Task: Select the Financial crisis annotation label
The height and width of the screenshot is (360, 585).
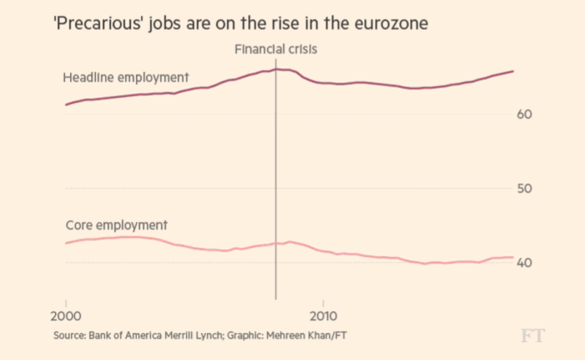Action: tap(275, 49)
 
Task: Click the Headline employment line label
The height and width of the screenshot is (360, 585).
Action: tap(126, 77)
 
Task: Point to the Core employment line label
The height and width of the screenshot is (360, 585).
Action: tap(116, 225)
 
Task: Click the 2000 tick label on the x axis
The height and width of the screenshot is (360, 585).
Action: tap(66, 315)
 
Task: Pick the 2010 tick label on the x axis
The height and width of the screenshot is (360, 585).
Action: tap(323, 315)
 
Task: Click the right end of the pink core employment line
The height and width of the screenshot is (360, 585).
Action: tap(513, 257)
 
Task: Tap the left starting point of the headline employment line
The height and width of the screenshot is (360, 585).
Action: tap(66, 104)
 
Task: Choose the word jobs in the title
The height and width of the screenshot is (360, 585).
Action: tap(170, 24)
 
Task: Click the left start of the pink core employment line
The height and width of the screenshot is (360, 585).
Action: tap(66, 243)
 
